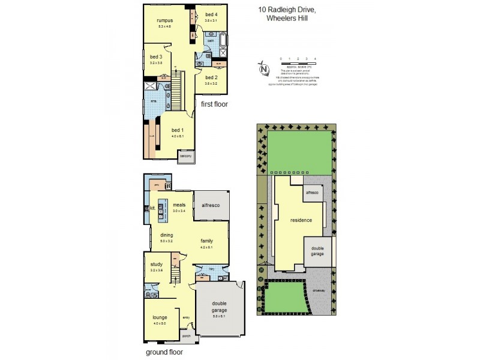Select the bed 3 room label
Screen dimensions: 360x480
[156, 57]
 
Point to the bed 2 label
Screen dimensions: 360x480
[211, 78]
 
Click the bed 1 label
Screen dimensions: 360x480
[178, 130]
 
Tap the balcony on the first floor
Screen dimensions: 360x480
[186, 156]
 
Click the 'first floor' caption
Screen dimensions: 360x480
[214, 104]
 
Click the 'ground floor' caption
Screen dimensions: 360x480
[164, 353]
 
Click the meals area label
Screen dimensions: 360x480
[179, 205]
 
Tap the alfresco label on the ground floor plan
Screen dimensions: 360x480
[211, 206]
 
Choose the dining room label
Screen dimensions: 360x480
[166, 235]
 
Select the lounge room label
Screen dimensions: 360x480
[160, 317]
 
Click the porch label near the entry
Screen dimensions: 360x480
[186, 336]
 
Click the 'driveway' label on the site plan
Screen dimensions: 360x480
[318, 289]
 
